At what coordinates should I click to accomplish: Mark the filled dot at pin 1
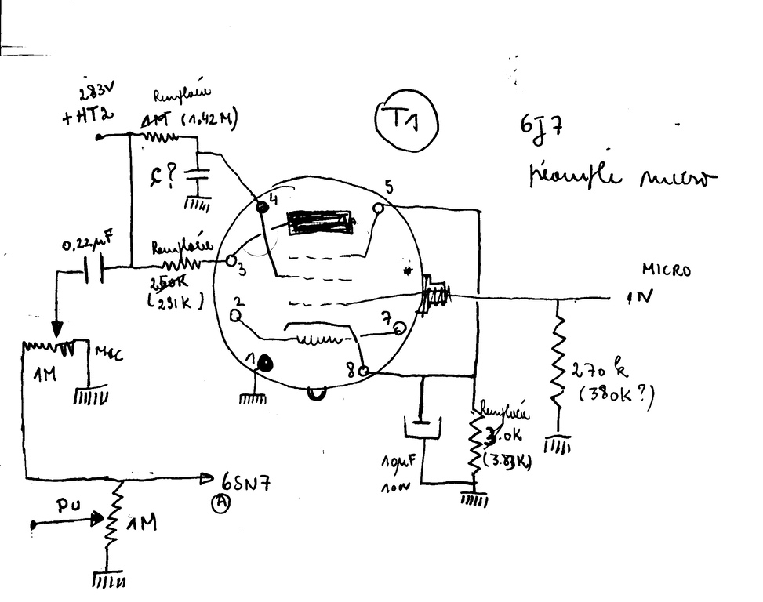(x=267, y=364)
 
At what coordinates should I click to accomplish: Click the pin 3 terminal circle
(x=232, y=260)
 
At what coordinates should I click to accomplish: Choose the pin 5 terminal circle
(x=379, y=209)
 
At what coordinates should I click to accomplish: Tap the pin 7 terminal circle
(x=400, y=328)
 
